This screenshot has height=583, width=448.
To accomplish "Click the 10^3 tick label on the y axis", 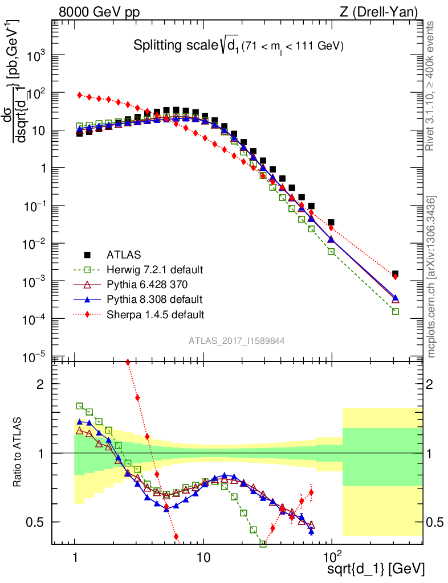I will coord(34,56).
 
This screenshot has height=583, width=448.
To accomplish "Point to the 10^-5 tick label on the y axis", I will coord(34,357).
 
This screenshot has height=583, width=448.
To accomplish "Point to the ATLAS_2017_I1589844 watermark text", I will coord(237,340).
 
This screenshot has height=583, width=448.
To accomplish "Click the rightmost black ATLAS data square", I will coord(395,274).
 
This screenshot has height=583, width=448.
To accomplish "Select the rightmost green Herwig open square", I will coord(395,311).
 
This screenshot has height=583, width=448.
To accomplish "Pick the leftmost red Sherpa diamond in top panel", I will coord(80,95).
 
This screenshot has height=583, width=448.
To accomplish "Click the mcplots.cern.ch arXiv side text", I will coord(431,277).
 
